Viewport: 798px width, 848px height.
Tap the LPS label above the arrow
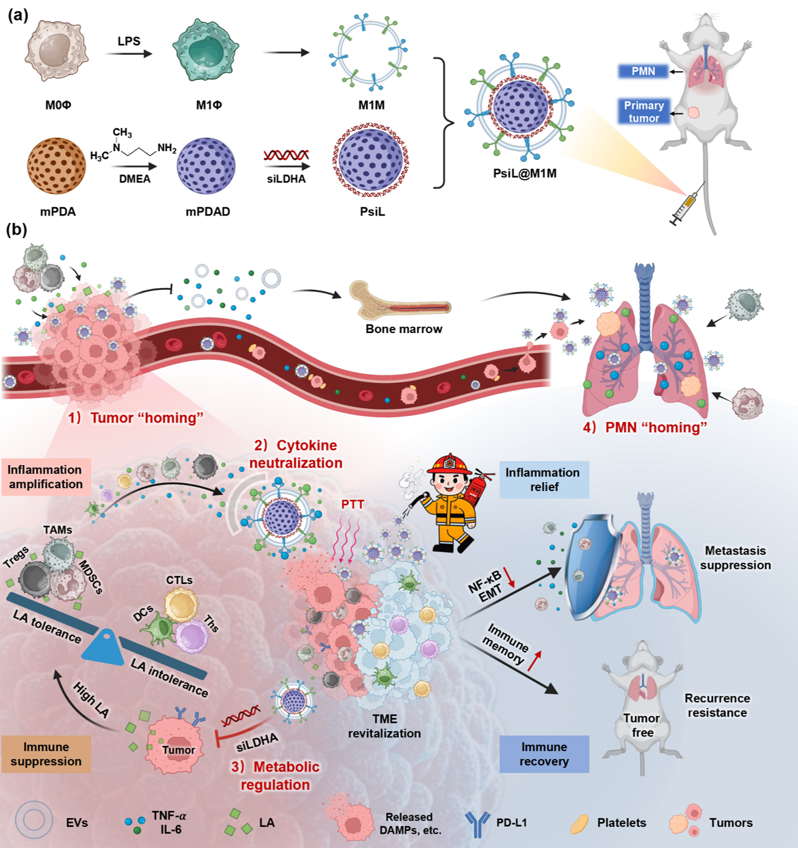pos(129,42)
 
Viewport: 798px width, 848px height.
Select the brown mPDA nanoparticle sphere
pos(56,166)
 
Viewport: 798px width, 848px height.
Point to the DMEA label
pos(134,179)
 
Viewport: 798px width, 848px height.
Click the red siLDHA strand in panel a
pos(287,155)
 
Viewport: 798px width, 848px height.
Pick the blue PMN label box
pos(643,71)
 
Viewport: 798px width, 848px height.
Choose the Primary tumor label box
pos(643,112)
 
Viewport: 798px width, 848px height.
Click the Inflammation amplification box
pos(45,477)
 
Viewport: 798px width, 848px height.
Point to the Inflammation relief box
pos(543,479)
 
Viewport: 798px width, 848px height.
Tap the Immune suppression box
pos(46,754)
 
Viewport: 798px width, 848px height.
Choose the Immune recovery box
pos(544,754)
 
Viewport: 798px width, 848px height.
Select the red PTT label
pos(352,505)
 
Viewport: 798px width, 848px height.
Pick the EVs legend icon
pos(34,822)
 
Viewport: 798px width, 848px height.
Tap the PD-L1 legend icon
pos(477,823)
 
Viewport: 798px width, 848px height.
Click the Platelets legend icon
pos(580,823)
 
